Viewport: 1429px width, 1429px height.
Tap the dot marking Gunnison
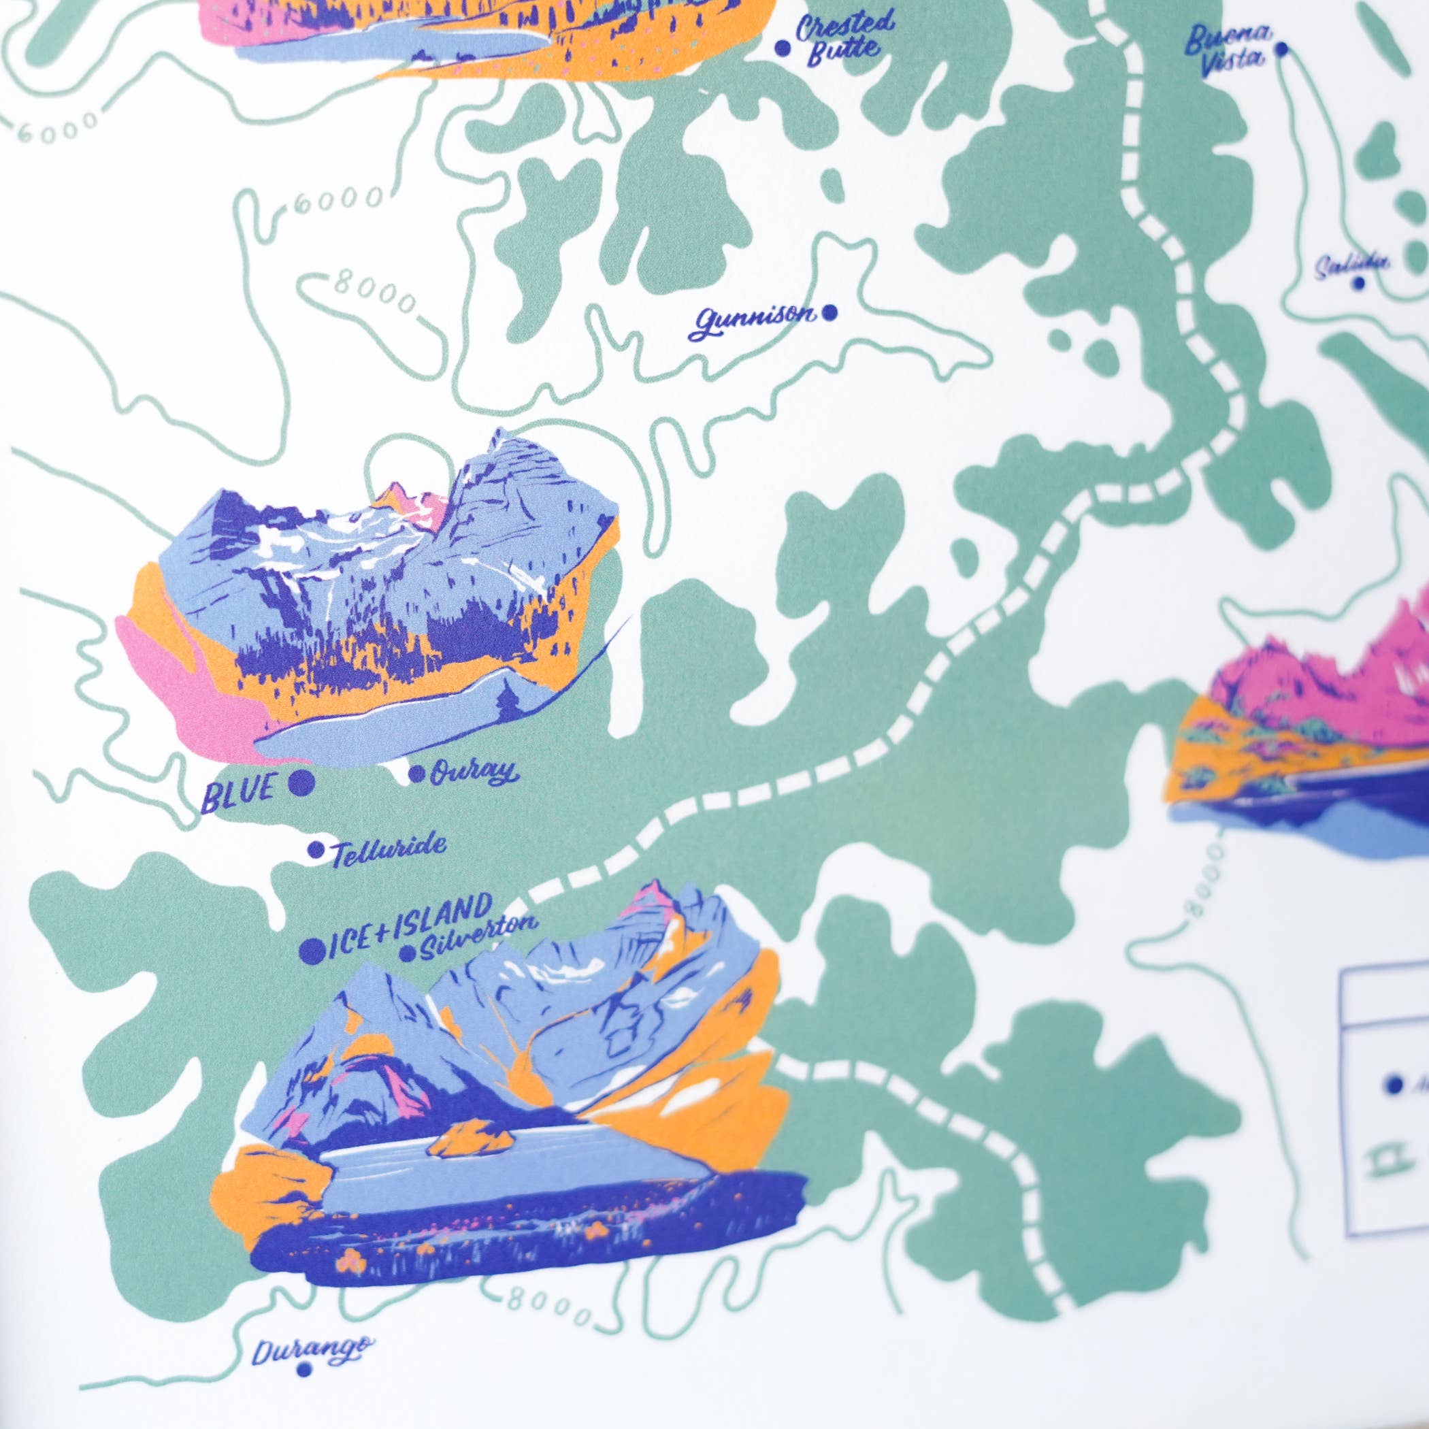coord(830,313)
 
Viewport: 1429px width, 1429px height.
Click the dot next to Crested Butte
coord(783,49)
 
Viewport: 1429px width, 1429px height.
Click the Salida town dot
coord(1359,282)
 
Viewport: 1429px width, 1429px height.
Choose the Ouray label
coord(472,773)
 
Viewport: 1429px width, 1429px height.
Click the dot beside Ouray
coord(417,774)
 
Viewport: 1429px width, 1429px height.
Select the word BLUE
coord(238,791)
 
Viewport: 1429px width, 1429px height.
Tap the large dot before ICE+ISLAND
coord(312,951)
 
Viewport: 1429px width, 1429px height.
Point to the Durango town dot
coord(304,1370)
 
